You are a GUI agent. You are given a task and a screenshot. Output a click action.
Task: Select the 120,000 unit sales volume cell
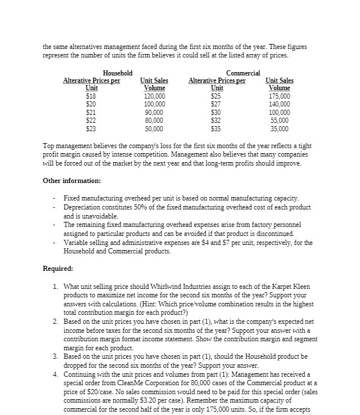coord(154,96)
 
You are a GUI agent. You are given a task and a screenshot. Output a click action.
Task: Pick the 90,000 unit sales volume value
coord(154,112)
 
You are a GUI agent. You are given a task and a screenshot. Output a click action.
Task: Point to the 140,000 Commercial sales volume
coord(279,104)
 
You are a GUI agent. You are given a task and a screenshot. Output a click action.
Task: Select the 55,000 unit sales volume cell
coord(279,120)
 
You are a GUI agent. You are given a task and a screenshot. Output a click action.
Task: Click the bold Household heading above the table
coord(118,73)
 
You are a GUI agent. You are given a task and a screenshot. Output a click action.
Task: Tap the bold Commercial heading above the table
coord(243,73)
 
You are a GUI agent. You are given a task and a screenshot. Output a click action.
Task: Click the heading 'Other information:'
coord(72,181)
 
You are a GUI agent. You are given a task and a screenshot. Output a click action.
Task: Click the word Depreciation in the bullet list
coord(82,207)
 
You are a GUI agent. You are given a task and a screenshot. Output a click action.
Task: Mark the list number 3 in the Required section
coord(55,356)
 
